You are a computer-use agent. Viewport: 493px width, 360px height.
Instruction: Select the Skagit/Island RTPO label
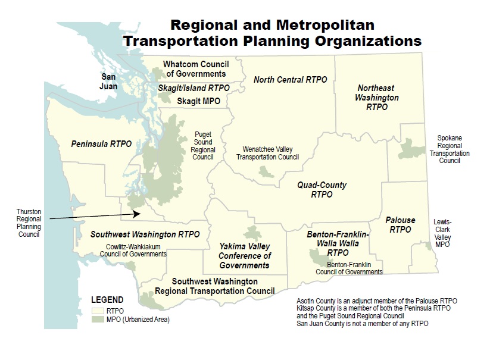click(194, 88)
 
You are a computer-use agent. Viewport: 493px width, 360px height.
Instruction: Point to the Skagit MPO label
click(198, 101)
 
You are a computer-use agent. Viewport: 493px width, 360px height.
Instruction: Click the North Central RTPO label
click(290, 79)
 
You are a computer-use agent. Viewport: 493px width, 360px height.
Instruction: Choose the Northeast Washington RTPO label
click(377, 97)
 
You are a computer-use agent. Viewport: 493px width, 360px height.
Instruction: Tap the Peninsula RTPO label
click(101, 144)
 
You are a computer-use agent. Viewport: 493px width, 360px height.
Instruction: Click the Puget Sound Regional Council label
click(203, 146)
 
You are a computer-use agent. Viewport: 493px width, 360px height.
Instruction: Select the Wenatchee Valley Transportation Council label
click(267, 153)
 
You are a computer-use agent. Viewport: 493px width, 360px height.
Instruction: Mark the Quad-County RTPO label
click(322, 189)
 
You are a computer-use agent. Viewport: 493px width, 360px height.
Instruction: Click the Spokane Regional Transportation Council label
click(450, 149)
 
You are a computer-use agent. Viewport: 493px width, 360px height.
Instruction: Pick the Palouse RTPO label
click(400, 224)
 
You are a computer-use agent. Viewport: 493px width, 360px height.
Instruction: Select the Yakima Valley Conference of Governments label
click(244, 255)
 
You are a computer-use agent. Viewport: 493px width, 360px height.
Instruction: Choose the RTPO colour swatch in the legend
click(97, 311)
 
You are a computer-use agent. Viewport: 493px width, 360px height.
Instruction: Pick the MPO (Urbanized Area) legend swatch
click(97, 320)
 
